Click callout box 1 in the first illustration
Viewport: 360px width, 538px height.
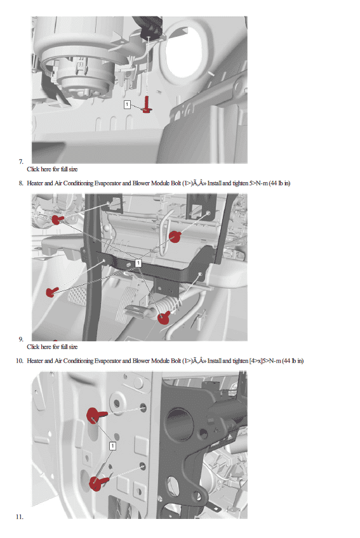(127, 104)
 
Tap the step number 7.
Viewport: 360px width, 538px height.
(21, 161)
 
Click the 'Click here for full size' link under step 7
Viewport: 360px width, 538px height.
(52, 169)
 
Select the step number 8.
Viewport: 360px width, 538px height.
(21, 183)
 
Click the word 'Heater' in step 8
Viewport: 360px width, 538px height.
(35, 183)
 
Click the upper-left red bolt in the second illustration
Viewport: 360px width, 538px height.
(57, 219)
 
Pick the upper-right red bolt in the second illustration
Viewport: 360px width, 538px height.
(175, 237)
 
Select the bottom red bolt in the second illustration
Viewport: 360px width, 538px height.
(164, 317)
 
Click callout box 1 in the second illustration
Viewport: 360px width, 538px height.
(138, 263)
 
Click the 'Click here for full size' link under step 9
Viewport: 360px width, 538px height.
(52, 347)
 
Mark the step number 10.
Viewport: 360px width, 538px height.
(20, 361)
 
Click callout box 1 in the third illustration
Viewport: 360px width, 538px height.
(112, 446)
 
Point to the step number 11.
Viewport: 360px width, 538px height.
(20, 516)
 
